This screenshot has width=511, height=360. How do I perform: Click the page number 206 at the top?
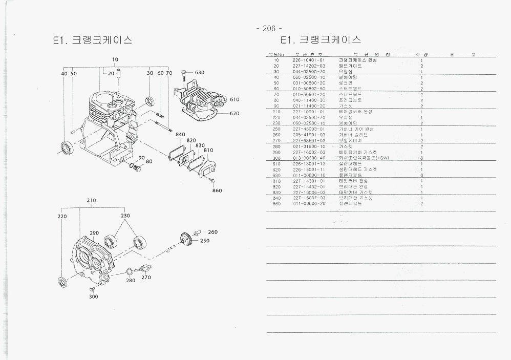[x=269, y=29]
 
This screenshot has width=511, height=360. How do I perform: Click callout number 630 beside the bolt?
[x=199, y=73]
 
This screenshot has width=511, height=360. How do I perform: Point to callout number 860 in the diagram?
[x=218, y=190]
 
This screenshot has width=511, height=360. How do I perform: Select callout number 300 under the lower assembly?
[x=93, y=297]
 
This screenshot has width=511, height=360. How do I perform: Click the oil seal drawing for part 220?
[x=64, y=282]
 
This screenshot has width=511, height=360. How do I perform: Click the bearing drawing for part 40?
[x=67, y=146]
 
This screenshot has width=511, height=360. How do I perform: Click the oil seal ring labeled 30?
[x=151, y=100]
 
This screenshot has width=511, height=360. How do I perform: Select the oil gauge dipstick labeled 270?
[x=144, y=268]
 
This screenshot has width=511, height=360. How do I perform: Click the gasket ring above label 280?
[x=130, y=271]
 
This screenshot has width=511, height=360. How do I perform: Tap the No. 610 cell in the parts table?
[x=276, y=163]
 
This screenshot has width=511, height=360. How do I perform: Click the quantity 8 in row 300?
[x=421, y=158]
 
